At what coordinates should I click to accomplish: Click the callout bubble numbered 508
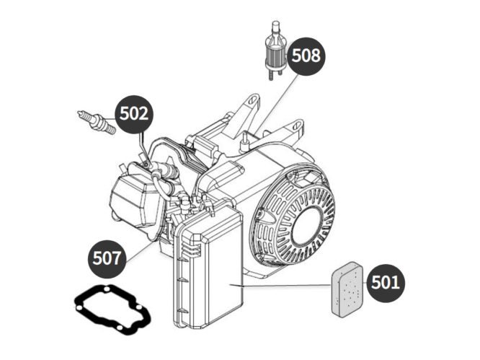coord(306,55)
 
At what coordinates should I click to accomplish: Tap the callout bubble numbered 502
coord(135,114)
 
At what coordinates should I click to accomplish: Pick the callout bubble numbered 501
coord(386,282)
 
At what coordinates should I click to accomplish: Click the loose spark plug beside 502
coord(96,120)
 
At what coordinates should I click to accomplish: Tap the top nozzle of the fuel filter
coord(275,25)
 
